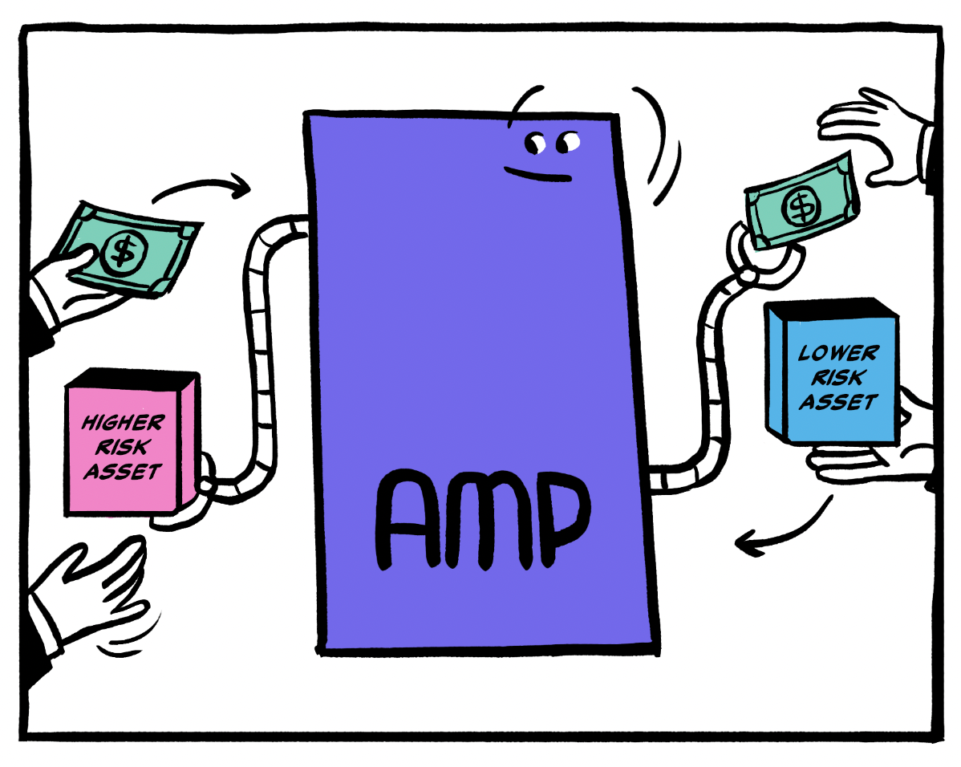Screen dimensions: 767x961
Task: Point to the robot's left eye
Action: [x=535, y=144]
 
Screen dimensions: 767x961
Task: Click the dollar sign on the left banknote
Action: [x=123, y=252]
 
